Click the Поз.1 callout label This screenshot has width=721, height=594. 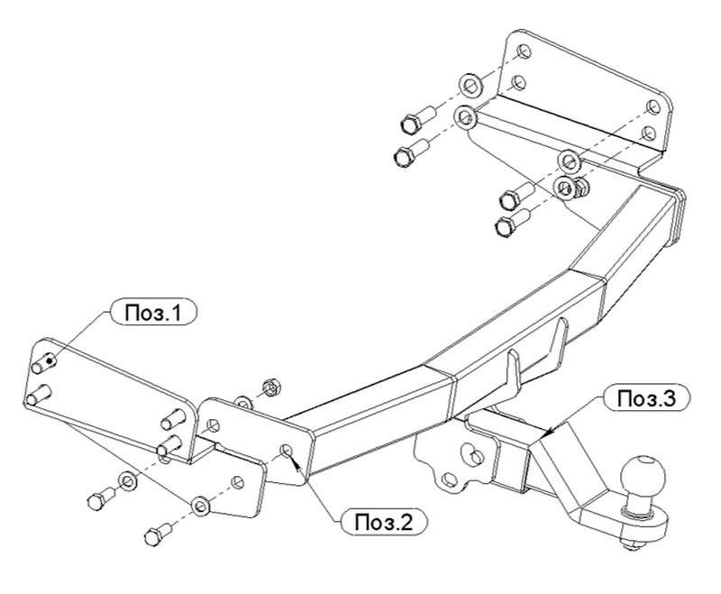153,313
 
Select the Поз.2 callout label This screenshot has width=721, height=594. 384,522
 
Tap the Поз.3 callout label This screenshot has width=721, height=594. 647,398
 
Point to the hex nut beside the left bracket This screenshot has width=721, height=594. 271,388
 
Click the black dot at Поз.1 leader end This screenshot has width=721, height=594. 50,361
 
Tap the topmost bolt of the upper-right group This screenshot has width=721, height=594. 418,119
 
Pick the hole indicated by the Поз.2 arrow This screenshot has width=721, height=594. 286,451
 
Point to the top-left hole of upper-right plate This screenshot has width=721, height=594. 525,52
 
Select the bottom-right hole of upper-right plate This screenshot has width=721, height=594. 649,133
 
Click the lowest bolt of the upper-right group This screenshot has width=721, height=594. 513,222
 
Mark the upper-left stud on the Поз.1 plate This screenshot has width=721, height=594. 43,361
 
